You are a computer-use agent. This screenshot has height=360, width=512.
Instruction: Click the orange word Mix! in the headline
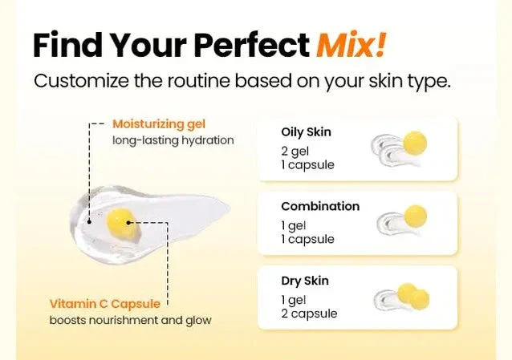pyautogui.click(x=351, y=44)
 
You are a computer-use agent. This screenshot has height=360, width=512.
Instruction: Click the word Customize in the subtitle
pyautogui.click(x=81, y=81)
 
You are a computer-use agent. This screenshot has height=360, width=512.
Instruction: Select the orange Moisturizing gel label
pyautogui.click(x=159, y=124)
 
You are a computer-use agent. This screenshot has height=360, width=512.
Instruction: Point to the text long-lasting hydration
pyautogui.click(x=173, y=140)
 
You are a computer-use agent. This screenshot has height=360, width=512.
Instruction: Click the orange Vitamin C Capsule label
pyautogui.click(x=105, y=304)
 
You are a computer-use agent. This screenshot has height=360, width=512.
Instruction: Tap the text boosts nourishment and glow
pyautogui.click(x=130, y=320)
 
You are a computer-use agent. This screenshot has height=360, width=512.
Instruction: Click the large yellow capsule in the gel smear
pyautogui.click(x=121, y=223)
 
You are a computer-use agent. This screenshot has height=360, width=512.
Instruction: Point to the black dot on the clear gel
pyautogui.click(x=89, y=222)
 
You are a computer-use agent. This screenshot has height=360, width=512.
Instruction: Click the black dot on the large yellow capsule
pyautogui.click(x=128, y=223)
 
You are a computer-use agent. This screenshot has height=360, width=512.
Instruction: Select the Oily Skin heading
pyautogui.click(x=306, y=132)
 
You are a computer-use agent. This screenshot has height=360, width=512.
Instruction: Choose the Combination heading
pyautogui.click(x=320, y=206)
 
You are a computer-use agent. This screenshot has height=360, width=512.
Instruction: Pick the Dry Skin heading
pyautogui.click(x=305, y=281)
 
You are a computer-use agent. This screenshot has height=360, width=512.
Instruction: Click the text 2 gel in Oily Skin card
pyautogui.click(x=295, y=152)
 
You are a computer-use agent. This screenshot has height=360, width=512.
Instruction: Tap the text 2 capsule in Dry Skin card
pyautogui.click(x=309, y=313)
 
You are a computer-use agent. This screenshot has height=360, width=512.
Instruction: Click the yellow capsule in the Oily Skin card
pyautogui.click(x=415, y=143)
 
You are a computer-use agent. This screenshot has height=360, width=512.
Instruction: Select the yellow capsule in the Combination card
pyautogui.click(x=416, y=216)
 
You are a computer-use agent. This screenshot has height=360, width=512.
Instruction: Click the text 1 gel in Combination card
pyautogui.click(x=294, y=225)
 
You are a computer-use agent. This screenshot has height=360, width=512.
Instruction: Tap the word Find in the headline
pyautogui.click(x=67, y=44)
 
